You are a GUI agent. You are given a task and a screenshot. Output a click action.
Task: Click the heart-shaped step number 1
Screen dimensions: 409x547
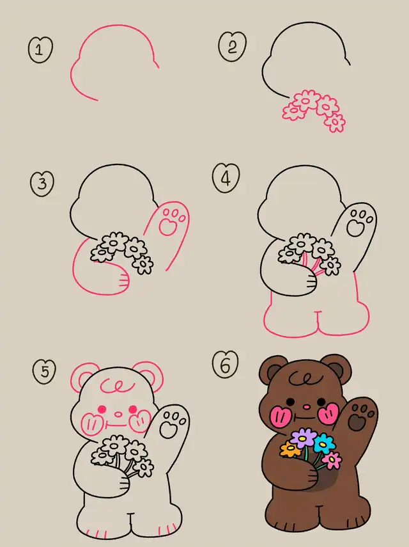[x=40, y=49]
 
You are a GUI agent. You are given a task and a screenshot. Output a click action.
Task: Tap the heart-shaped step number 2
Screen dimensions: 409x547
[x=233, y=46]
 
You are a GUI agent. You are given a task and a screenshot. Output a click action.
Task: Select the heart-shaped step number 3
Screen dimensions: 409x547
[x=42, y=183]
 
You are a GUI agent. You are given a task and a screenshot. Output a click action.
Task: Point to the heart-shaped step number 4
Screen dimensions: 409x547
[x=226, y=178]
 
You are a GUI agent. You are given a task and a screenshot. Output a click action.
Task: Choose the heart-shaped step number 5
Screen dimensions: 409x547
[x=44, y=372]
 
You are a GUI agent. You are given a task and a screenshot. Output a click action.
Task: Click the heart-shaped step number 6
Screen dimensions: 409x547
[x=226, y=365]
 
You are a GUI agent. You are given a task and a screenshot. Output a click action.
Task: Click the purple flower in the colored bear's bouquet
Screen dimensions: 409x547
[x=303, y=437]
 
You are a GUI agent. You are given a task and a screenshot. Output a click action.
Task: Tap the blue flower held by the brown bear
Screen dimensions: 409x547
[x=324, y=443]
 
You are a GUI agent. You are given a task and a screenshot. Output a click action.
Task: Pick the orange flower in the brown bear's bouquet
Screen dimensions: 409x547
[x=290, y=450]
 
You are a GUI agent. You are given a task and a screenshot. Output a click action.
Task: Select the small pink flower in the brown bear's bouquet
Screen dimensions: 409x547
[x=332, y=460]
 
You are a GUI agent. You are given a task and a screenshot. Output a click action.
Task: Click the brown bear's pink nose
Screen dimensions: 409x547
[x=306, y=407]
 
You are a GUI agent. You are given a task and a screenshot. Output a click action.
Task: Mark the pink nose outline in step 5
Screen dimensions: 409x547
[x=119, y=415]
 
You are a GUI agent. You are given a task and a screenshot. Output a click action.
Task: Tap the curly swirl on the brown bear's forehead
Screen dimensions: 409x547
[x=305, y=378]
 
